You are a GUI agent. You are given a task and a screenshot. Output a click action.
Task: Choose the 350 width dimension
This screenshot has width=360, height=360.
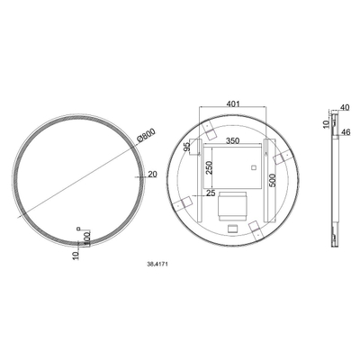[234, 142]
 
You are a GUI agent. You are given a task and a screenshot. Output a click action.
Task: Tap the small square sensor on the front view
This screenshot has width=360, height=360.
[78, 228]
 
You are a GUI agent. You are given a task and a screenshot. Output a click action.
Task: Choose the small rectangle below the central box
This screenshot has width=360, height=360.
[232, 228]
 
